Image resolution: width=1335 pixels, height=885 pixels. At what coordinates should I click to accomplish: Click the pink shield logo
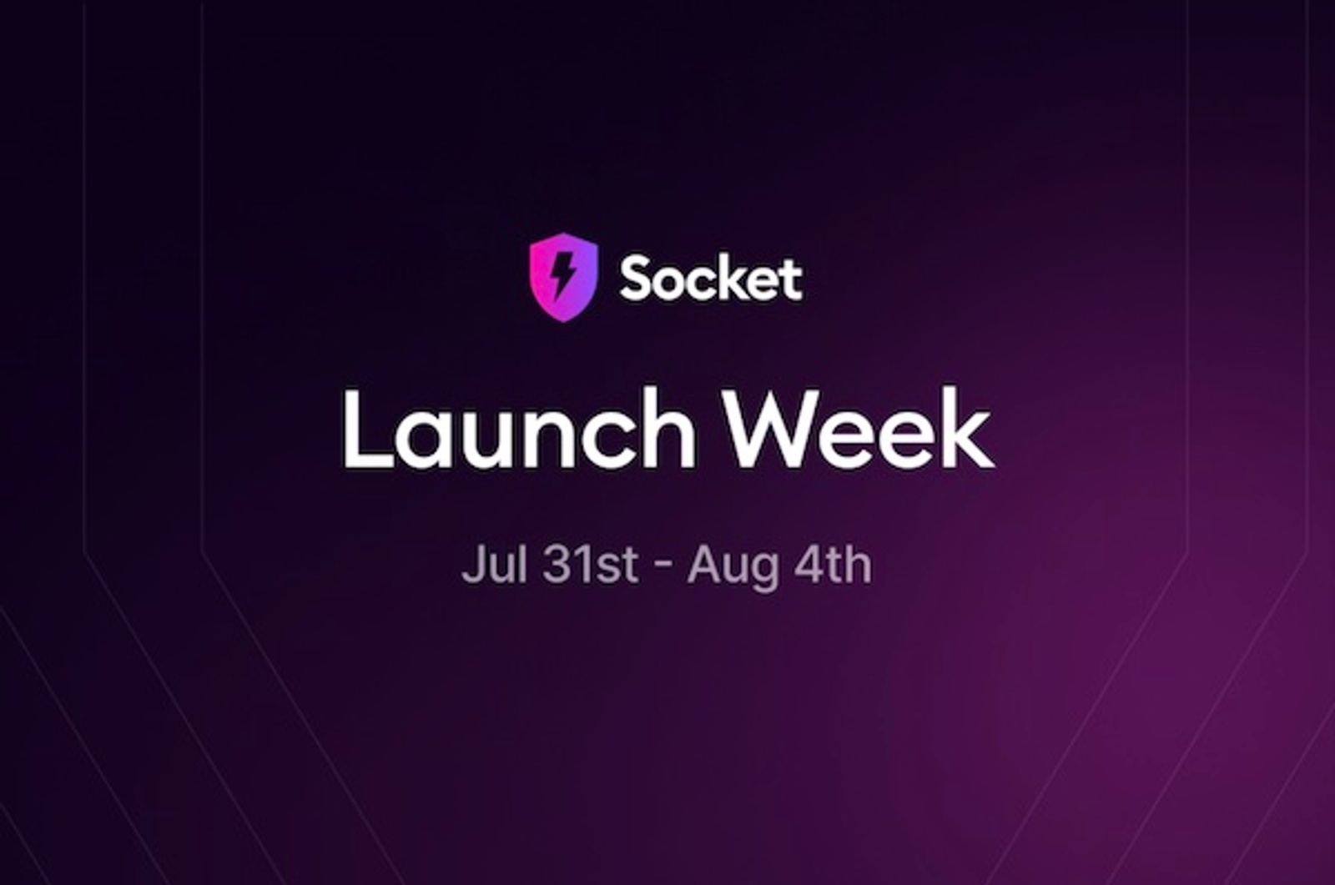click(563, 277)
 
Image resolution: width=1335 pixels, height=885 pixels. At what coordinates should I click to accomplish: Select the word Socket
click(711, 279)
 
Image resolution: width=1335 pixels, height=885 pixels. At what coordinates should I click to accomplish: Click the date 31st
click(590, 565)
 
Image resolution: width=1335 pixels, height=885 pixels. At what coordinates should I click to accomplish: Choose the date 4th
click(834, 565)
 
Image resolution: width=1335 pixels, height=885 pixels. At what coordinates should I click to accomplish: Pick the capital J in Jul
click(472, 565)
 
